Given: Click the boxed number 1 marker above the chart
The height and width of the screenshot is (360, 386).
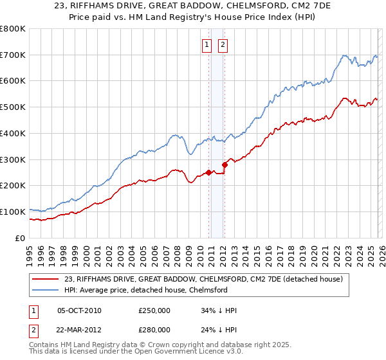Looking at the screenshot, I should [207, 45].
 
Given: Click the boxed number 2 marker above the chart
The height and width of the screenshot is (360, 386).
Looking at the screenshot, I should [223, 45].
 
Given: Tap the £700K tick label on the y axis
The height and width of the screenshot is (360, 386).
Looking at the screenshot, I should [13, 55].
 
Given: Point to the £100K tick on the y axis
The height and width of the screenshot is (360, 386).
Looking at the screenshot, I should [13, 212].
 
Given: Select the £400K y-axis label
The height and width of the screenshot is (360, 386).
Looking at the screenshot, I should [13, 133].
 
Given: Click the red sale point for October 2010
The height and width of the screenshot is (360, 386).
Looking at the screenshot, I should [208, 172].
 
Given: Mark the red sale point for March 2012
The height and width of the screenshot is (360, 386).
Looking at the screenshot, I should [225, 165].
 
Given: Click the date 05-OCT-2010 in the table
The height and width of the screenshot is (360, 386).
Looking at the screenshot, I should [79, 310].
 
